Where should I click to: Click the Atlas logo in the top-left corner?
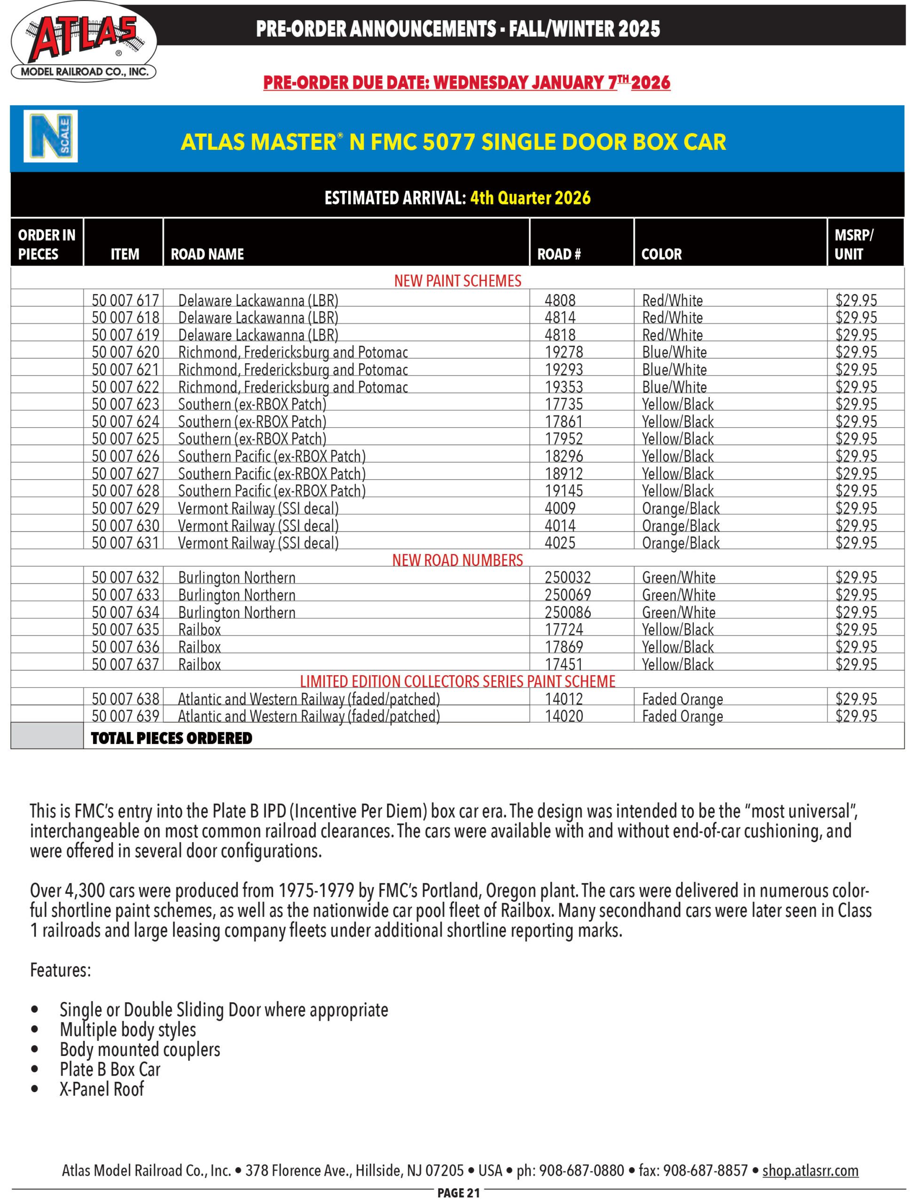pos(83,42)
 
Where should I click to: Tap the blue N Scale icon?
pos(51,136)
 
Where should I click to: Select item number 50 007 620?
pos(125,352)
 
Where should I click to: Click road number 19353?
pos(564,387)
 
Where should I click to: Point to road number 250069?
pos(568,595)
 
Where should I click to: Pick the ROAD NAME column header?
pos(207,254)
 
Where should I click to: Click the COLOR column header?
pos(661,254)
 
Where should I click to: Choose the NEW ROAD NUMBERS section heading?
pos(457,560)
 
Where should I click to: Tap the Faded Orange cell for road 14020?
pos(682,716)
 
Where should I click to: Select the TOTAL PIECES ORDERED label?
pos(171,738)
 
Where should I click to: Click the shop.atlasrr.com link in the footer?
pos(810,1170)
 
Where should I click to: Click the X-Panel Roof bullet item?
pos(102,1088)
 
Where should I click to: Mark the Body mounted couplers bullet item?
pos(140,1049)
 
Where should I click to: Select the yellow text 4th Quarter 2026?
pos(530,197)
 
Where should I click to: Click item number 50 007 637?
pos(125,664)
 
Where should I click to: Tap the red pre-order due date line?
pos(467,83)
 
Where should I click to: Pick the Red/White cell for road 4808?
pos(672,300)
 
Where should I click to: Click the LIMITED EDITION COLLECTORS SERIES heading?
pos(457,681)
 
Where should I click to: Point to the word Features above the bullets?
pos(61,970)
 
